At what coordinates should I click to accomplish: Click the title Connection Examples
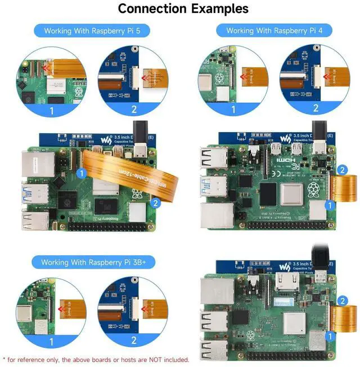tap(183, 8)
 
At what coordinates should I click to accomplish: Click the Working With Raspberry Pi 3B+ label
tap(93, 262)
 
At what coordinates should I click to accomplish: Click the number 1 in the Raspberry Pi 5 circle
tap(52, 111)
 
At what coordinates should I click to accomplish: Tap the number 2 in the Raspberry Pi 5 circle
tap(134, 109)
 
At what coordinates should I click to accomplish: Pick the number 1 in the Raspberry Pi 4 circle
tap(233, 110)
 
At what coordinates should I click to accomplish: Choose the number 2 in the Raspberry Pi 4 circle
tap(316, 108)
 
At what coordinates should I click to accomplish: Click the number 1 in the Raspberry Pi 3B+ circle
tap(52, 340)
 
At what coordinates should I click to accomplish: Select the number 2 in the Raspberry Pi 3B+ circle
tap(134, 339)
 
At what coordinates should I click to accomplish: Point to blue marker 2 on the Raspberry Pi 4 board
tap(341, 169)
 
